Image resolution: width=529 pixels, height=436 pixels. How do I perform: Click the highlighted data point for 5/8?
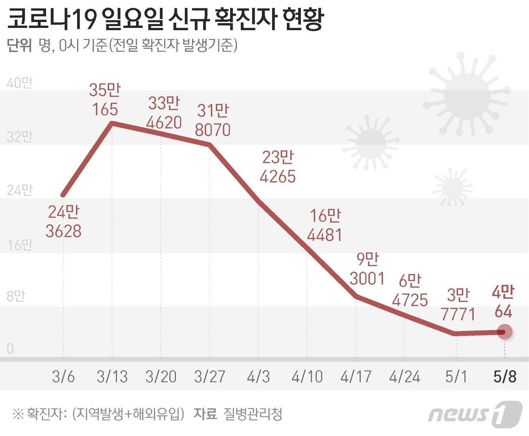pos(504,332)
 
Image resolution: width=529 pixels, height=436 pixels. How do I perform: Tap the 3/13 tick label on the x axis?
pos(112,377)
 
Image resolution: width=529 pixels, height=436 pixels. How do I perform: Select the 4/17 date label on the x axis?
pos(356,377)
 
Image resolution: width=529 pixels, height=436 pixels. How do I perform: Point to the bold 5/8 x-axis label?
pos(505,377)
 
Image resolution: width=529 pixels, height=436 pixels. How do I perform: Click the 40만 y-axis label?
pos(20,83)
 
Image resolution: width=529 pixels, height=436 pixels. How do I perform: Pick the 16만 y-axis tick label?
pos(20,245)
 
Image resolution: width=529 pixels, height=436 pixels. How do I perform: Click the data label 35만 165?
pos(105,100)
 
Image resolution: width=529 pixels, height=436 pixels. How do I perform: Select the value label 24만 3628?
pos(63,222)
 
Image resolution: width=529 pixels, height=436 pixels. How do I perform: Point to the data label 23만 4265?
pos(278,167)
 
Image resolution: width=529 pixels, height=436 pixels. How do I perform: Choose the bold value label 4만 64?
pos(503,302)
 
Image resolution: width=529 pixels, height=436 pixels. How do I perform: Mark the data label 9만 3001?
pos(367,269)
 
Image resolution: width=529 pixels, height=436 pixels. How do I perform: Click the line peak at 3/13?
pos(112,123)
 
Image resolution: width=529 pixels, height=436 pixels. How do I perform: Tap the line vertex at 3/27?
pos(210,144)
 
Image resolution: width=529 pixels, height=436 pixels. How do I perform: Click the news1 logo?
pos(475,414)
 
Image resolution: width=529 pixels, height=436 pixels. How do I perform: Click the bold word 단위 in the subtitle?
pos(19,46)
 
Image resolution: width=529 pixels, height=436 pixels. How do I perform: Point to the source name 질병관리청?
pos(253,414)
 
